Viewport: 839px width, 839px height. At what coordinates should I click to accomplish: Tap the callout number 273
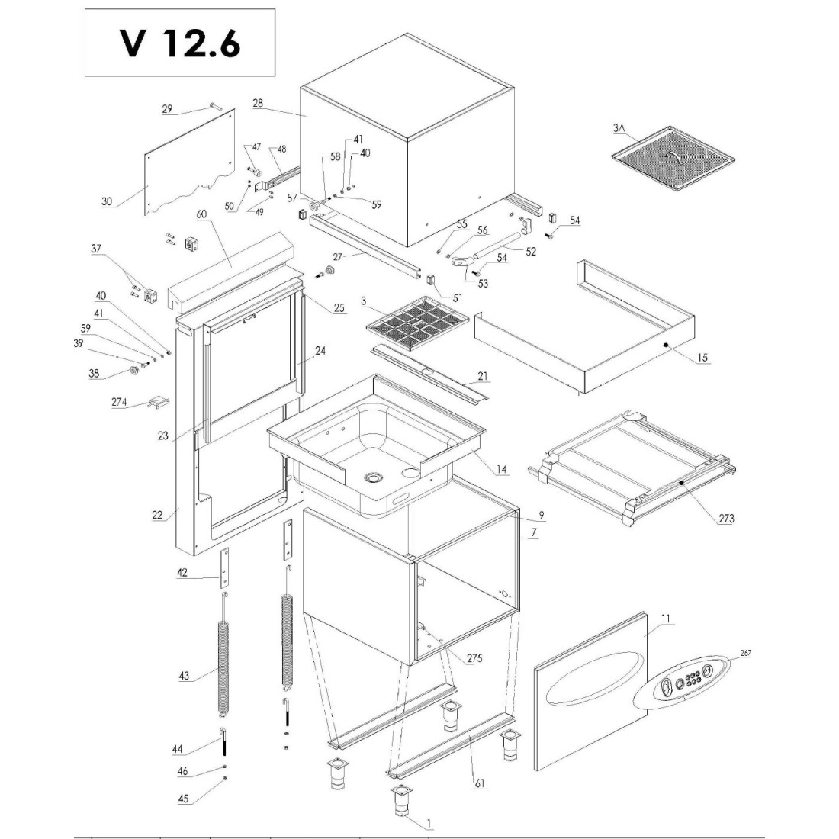tap(726, 519)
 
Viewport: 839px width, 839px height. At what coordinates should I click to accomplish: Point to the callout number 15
tap(702, 358)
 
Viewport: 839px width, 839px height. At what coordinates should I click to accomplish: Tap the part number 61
tap(479, 783)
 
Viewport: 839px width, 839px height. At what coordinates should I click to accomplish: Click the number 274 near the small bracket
tap(119, 402)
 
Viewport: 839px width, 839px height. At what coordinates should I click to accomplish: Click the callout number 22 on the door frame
tap(158, 515)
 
